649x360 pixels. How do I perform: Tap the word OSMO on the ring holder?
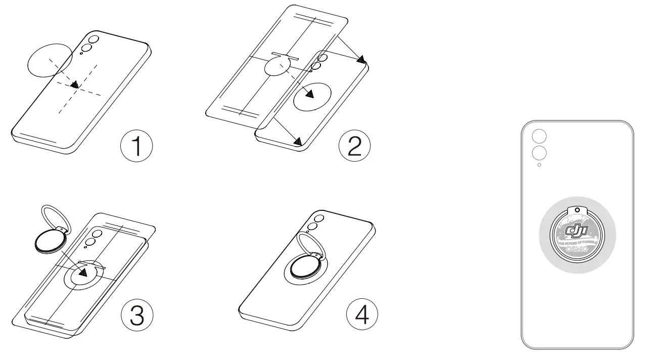(x=577, y=249)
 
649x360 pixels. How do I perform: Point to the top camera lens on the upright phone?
(x=539, y=136)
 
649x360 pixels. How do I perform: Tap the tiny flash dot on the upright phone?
(x=539, y=165)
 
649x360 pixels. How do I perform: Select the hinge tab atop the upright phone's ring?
(x=577, y=210)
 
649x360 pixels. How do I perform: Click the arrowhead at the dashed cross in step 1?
(x=74, y=85)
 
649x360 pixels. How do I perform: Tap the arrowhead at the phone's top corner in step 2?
(x=360, y=60)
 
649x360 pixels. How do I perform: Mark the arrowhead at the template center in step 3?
(x=82, y=273)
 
